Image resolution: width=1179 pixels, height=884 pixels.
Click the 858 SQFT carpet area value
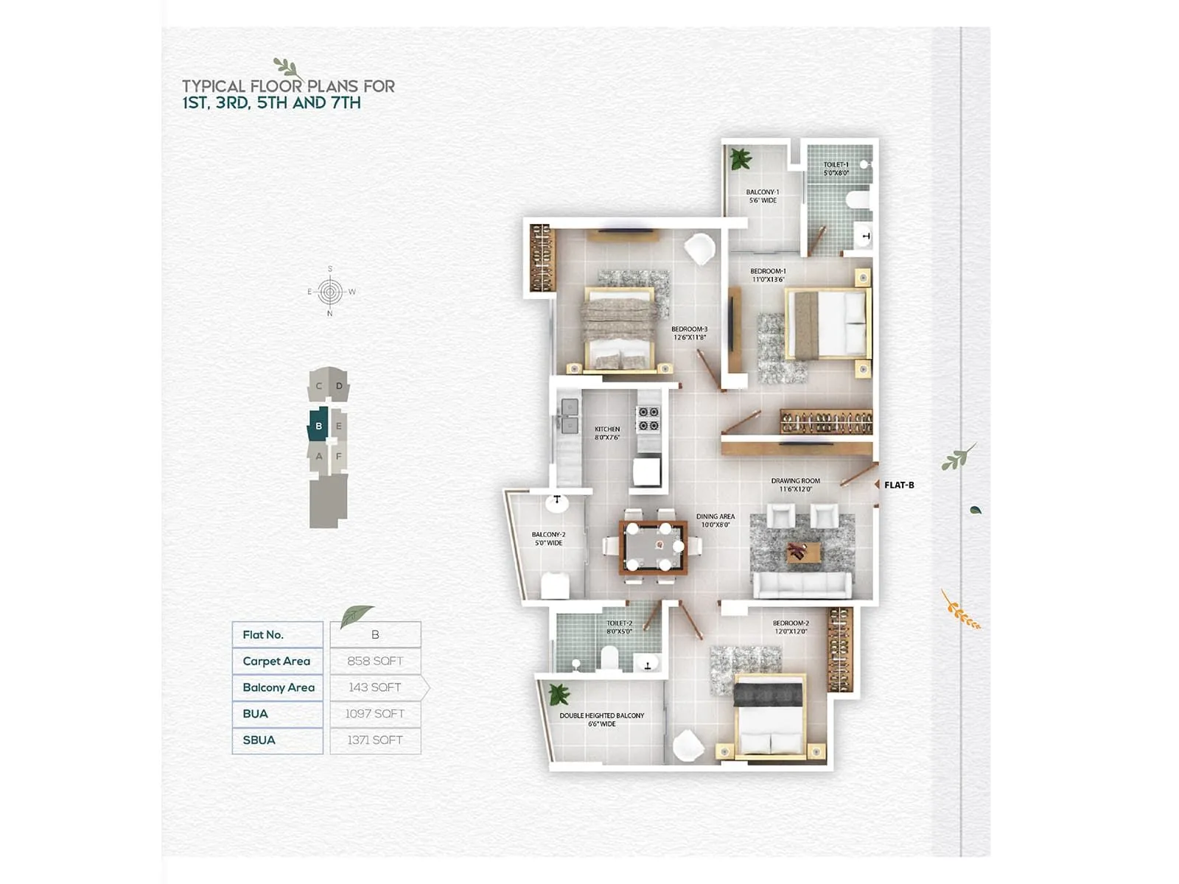375,661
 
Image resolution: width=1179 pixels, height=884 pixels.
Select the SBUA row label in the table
259,740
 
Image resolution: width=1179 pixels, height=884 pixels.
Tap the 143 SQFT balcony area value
375,687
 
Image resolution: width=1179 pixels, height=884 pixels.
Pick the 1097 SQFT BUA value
375,714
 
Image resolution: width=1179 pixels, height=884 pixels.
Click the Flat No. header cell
263,634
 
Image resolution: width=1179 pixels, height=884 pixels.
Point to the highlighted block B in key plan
318,426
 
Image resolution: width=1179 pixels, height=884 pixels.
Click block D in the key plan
339,386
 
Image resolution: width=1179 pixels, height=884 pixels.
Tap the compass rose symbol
329,292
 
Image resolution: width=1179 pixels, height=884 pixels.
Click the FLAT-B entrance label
899,485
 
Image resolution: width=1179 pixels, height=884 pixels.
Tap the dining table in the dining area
653,547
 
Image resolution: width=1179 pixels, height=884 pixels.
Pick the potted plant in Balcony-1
739,158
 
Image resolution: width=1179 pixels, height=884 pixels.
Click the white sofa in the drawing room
802,585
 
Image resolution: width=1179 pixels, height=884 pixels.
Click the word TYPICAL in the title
214,86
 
